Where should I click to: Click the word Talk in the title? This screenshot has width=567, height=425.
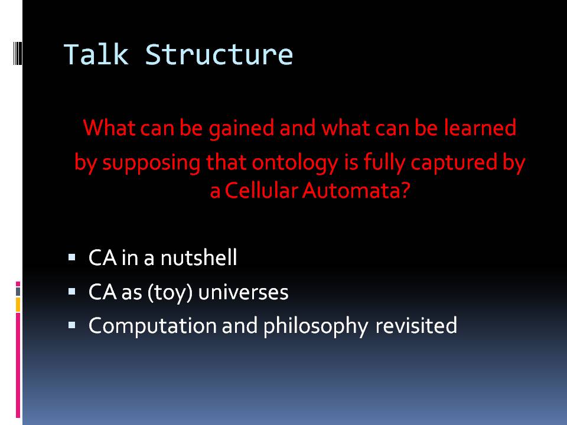click(x=96, y=54)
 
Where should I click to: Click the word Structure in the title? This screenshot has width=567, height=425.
click(x=219, y=54)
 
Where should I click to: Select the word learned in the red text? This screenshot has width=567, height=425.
click(x=480, y=127)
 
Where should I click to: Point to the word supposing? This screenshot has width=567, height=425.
click(x=151, y=163)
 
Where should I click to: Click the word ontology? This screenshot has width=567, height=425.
click(x=295, y=163)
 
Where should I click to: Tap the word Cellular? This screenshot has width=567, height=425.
click(x=262, y=190)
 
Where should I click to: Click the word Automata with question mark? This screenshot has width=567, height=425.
click(x=356, y=190)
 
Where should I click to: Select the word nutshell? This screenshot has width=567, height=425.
click(x=198, y=258)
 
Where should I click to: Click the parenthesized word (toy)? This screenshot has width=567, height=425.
click(x=170, y=292)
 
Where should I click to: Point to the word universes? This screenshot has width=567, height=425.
click(x=243, y=292)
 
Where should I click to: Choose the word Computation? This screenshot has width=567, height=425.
click(x=152, y=326)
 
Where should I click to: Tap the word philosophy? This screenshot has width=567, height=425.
click(x=315, y=326)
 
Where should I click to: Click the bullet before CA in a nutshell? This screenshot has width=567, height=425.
click(x=71, y=258)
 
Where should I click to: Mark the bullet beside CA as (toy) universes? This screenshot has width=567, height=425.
click(x=71, y=292)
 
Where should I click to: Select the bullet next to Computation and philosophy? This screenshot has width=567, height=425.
click(x=71, y=325)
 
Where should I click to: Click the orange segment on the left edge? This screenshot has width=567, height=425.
click(x=18, y=305)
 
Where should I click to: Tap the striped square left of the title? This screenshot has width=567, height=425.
click(x=18, y=53)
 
